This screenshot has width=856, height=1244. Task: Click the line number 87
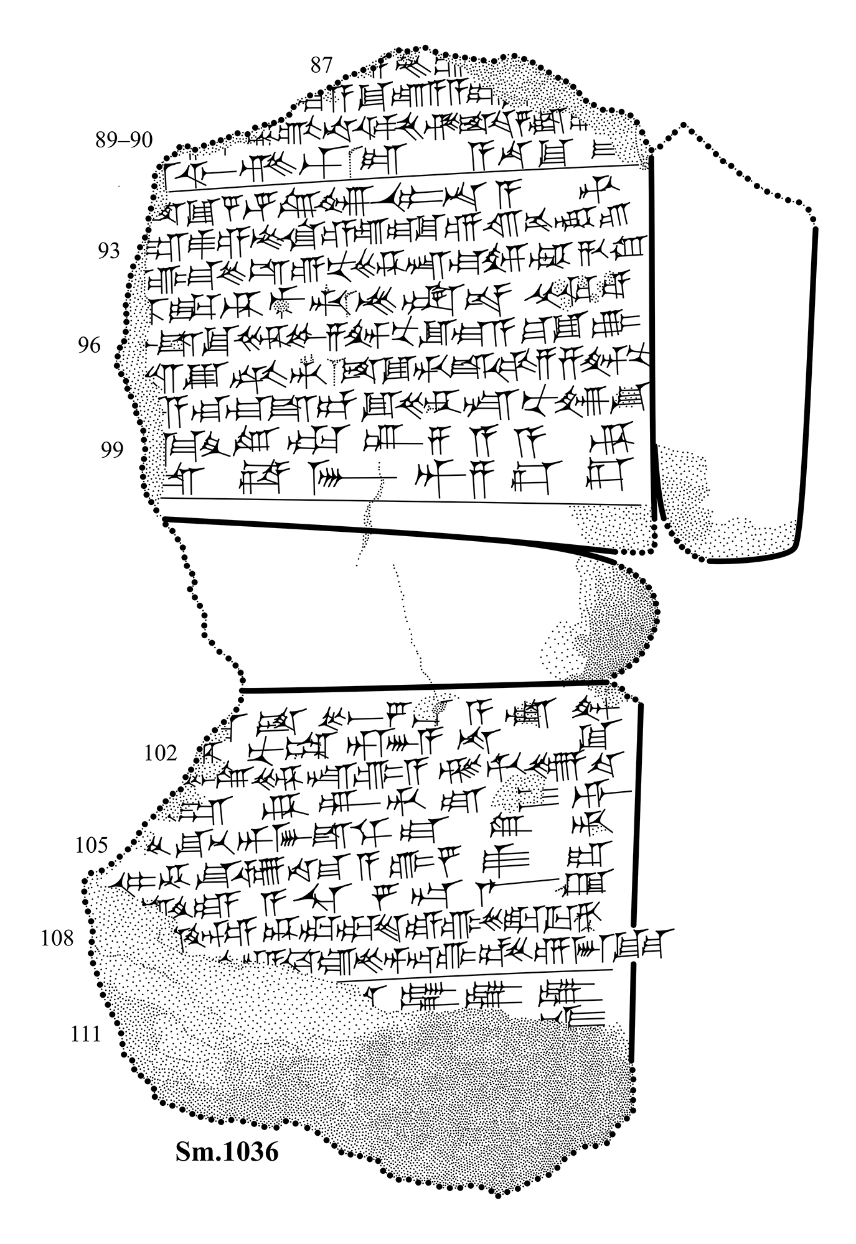click(321, 65)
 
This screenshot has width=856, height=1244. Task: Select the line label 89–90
click(124, 140)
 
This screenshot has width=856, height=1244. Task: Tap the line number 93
click(108, 251)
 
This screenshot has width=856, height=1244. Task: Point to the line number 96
click(89, 345)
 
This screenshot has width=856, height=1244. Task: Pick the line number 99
click(112, 450)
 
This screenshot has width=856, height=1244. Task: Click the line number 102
click(161, 753)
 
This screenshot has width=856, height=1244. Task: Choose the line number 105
click(92, 846)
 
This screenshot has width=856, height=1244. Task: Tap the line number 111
click(85, 1034)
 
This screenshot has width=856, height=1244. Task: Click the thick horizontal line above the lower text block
click(423, 687)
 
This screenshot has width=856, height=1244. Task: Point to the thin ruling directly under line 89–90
click(405, 178)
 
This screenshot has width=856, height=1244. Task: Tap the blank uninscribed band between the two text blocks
click(374, 610)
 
